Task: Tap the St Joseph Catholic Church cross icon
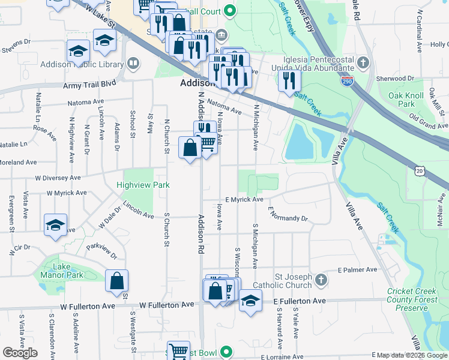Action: (321, 280)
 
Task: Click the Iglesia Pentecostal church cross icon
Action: (362, 62)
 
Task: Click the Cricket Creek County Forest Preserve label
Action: (415, 299)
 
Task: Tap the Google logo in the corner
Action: (20, 352)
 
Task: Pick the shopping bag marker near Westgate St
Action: (116, 281)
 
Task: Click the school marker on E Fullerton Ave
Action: (250, 301)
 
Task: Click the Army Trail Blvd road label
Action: (88, 86)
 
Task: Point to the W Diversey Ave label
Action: (58, 178)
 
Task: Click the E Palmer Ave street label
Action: (358, 270)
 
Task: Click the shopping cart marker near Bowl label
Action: (178, 351)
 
